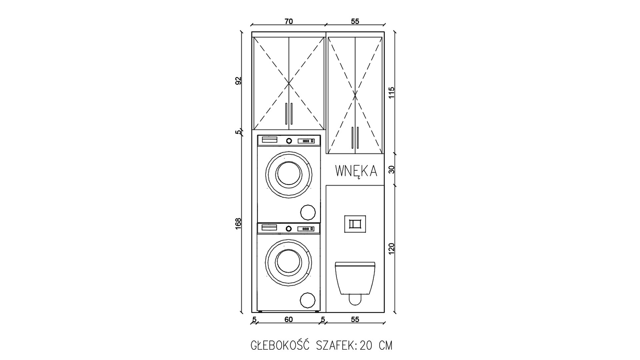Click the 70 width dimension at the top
click(289, 22)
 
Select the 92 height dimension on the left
click(238, 81)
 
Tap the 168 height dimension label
click(238, 223)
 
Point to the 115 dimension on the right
click(392, 92)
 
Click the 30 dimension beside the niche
click(392, 169)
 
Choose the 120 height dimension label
click(392, 249)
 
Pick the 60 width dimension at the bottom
click(289, 320)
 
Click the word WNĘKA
click(356, 171)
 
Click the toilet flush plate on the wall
click(355, 224)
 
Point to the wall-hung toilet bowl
click(355, 280)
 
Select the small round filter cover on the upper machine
click(308, 212)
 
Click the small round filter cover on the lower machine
click(307, 300)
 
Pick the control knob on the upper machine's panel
click(289, 141)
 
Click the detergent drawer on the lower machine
click(270, 228)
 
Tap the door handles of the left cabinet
click(289, 114)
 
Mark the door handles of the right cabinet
click(355, 137)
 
